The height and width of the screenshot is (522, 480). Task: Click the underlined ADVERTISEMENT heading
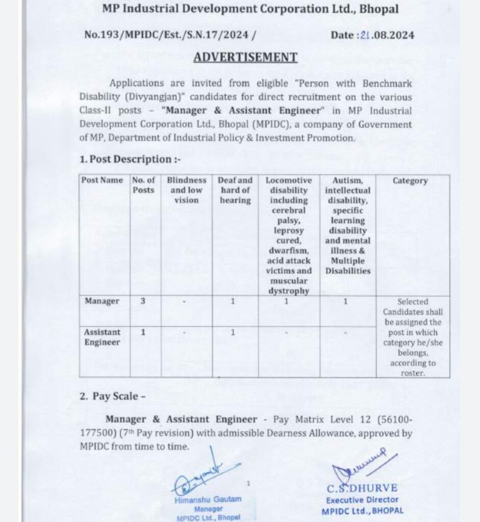(245, 57)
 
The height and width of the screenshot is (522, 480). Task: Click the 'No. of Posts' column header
(144, 185)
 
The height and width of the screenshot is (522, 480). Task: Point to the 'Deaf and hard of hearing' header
(235, 190)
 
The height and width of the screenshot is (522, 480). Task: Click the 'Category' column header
(410, 180)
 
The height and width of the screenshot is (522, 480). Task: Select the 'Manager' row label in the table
(102, 301)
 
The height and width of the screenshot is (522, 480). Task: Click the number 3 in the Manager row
(143, 301)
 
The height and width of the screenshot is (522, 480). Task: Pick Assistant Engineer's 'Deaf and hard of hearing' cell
(233, 332)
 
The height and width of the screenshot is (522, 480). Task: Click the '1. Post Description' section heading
(130, 159)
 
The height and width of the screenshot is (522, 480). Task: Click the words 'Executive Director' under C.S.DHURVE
(362, 500)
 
